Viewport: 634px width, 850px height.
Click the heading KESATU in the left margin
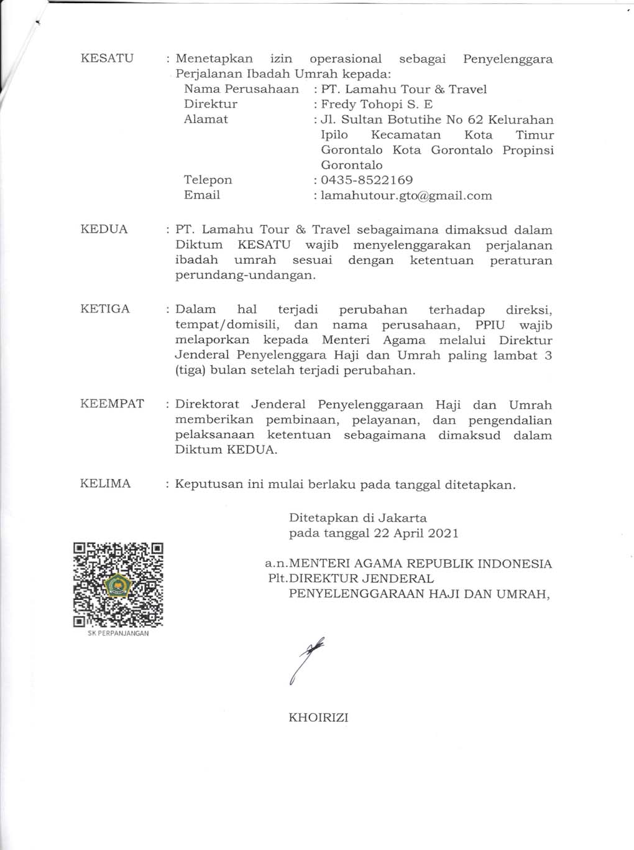tap(107, 58)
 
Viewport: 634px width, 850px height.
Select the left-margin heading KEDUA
tap(104, 229)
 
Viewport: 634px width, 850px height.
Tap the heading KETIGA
tap(105, 309)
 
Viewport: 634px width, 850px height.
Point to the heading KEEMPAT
tap(112, 404)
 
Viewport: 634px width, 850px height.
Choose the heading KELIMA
tap(106, 483)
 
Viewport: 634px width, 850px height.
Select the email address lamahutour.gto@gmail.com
tap(407, 196)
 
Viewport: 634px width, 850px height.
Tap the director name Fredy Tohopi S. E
tap(377, 105)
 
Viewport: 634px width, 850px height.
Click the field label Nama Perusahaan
tap(241, 89)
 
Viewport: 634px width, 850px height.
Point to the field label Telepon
tap(208, 180)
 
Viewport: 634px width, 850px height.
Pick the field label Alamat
tap(206, 119)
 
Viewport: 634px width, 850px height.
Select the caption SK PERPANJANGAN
tap(118, 633)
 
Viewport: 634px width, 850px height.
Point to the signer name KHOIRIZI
tap(318, 717)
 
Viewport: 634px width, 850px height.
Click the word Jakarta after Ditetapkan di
tap(404, 518)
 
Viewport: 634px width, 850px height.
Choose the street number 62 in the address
tap(474, 119)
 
